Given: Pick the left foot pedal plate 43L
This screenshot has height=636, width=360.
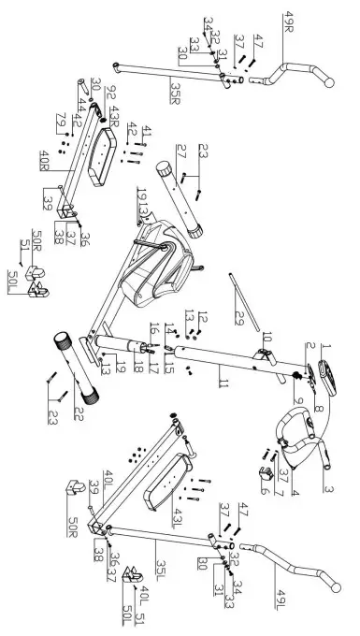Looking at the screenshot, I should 172,478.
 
